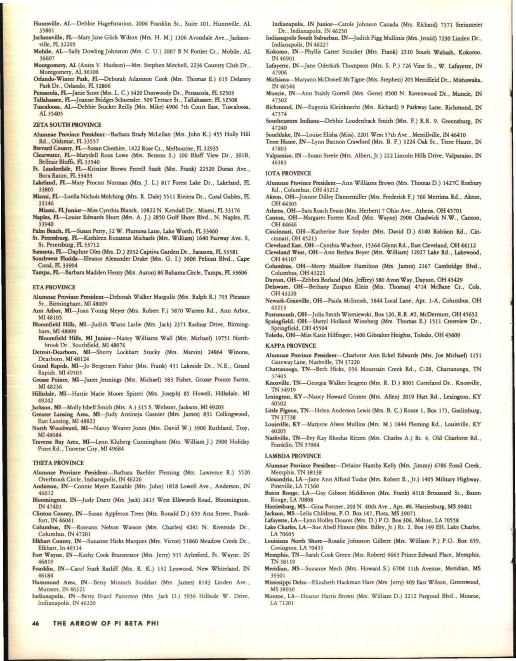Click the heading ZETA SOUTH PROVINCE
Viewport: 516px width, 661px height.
point(67,125)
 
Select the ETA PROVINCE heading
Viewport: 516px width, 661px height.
point(54,287)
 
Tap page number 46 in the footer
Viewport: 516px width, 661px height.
point(36,623)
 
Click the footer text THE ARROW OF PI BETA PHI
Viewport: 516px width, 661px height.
point(105,623)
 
